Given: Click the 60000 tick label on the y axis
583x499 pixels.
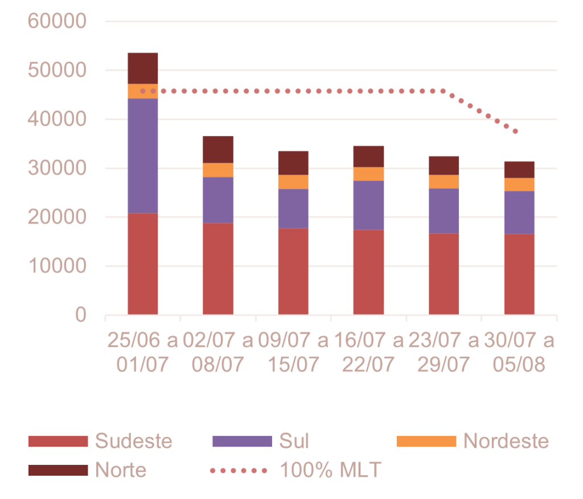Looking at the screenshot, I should click(56, 22).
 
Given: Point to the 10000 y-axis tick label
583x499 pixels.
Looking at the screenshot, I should click(56, 266).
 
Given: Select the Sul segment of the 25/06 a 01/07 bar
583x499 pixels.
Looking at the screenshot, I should click(143, 155).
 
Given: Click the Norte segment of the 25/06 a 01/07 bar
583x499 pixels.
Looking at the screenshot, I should click(143, 68).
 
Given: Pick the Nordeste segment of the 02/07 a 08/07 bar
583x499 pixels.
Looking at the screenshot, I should click(218, 170).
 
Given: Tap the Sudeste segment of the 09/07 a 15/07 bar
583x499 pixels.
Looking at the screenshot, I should click(293, 271).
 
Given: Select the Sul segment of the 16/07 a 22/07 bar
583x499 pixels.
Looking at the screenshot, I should click(368, 205).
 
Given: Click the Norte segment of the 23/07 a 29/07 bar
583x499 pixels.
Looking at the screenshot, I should click(444, 165).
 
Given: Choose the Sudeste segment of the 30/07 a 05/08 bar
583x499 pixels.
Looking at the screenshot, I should click(519, 274).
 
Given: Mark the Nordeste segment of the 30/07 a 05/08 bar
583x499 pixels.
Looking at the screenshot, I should click(519, 184).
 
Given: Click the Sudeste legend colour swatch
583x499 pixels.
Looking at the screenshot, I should click(58, 442).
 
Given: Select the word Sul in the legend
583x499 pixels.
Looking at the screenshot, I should click(294, 442).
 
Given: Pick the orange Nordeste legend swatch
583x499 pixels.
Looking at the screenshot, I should click(426, 442).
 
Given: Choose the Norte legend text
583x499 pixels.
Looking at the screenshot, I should click(121, 470).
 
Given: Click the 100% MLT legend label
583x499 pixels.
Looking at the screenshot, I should click(331, 470).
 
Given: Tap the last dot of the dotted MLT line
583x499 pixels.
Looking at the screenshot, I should click(515, 132).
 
